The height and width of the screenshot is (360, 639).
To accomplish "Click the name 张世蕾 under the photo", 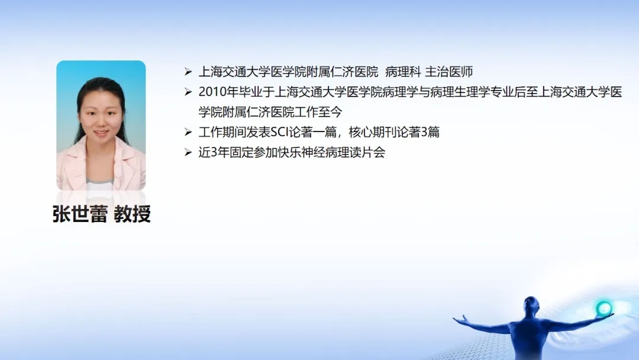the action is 80,214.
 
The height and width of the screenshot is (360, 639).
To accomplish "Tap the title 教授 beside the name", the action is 133,214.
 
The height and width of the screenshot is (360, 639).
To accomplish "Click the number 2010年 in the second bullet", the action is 218,92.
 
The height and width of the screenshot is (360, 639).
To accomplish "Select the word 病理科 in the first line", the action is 403,72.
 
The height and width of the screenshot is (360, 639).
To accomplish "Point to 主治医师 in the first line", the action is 448,72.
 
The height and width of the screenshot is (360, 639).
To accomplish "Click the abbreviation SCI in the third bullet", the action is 279,133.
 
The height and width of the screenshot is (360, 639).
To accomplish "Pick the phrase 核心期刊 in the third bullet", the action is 372,133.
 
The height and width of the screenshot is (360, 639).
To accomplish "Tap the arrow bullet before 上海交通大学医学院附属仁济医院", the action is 188,72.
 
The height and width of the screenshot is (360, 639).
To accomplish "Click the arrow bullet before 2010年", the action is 188,92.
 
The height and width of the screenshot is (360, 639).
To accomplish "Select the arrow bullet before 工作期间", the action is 188,132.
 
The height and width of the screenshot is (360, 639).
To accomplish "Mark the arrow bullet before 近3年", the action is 188,153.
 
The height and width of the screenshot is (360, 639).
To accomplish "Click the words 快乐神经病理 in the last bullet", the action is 314,153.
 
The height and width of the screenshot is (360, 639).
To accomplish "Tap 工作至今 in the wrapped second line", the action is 318,112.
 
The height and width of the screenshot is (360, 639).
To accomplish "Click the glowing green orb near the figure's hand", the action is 603,308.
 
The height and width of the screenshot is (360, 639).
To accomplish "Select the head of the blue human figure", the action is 531,304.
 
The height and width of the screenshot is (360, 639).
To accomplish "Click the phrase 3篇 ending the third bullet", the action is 430,133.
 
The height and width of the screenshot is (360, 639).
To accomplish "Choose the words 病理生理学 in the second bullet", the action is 460,92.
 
